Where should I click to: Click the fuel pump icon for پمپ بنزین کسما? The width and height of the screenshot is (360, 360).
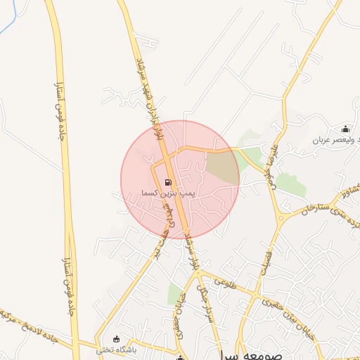click(x=167, y=182)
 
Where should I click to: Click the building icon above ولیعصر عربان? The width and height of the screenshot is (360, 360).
click(x=345, y=129)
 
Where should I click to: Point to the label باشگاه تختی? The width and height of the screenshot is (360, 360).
click(x=115, y=349)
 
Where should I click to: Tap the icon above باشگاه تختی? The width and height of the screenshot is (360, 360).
click(x=116, y=339)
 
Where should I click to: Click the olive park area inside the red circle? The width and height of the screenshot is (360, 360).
click(x=221, y=167)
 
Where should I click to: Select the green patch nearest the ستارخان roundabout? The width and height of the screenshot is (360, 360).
click(x=290, y=184)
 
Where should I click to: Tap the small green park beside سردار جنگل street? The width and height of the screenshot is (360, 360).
click(x=174, y=294)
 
